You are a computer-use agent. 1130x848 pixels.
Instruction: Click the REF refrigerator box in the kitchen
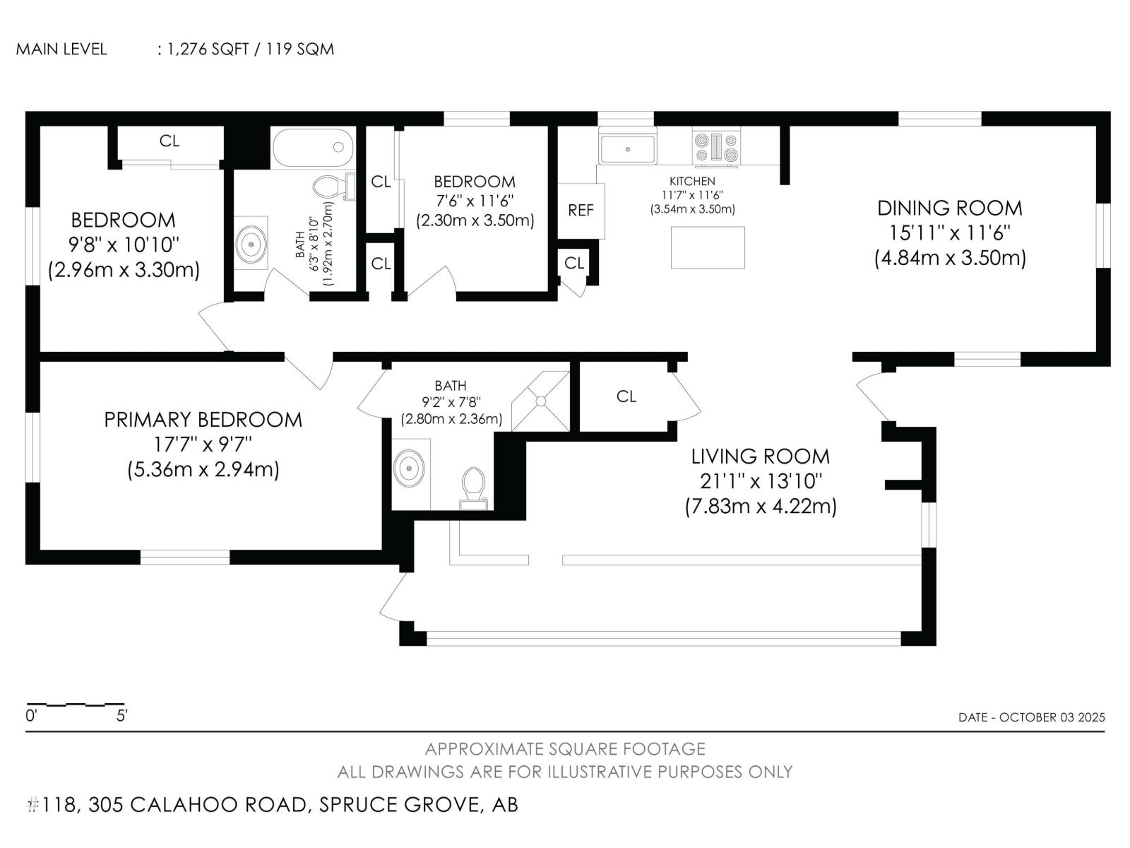(581, 211)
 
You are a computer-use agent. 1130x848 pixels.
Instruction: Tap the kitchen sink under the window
(627, 149)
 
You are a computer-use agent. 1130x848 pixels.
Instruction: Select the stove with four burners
(716, 148)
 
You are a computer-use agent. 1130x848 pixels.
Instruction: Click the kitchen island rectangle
(708, 247)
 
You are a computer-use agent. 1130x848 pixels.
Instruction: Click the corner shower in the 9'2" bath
(541, 401)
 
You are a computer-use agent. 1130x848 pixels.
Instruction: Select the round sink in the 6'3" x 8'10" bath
(251, 244)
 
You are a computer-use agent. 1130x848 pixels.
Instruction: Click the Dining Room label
(949, 208)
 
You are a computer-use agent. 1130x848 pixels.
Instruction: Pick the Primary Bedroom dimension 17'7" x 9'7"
(203, 444)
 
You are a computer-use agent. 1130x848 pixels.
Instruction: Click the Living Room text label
(760, 456)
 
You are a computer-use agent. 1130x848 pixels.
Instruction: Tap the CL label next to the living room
(626, 396)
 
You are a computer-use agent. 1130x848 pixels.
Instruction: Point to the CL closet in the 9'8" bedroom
(169, 141)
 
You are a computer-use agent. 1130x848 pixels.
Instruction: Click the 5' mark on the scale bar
(121, 716)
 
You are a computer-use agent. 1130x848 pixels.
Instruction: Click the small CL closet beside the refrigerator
(574, 263)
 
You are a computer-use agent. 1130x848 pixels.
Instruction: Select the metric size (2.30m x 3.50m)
(475, 220)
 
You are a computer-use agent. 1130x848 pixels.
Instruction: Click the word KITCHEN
(692, 182)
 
